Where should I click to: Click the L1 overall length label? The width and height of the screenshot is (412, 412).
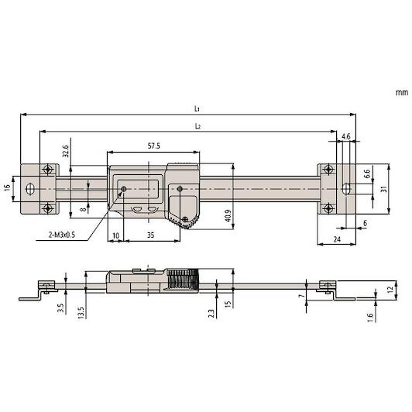point(197,108)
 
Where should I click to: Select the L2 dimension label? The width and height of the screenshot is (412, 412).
point(197,126)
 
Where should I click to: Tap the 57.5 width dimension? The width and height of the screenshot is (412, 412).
point(153,146)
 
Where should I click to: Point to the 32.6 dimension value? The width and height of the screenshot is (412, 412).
point(65,151)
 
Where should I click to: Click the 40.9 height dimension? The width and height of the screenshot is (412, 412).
point(228,215)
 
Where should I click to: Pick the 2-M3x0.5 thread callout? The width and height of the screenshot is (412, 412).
point(62,235)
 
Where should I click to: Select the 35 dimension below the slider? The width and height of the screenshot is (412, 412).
point(150,235)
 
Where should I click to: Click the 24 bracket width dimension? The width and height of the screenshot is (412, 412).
point(337,239)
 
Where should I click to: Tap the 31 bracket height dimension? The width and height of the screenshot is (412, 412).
point(384,189)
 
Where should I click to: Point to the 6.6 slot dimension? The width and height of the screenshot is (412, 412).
point(367,173)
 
